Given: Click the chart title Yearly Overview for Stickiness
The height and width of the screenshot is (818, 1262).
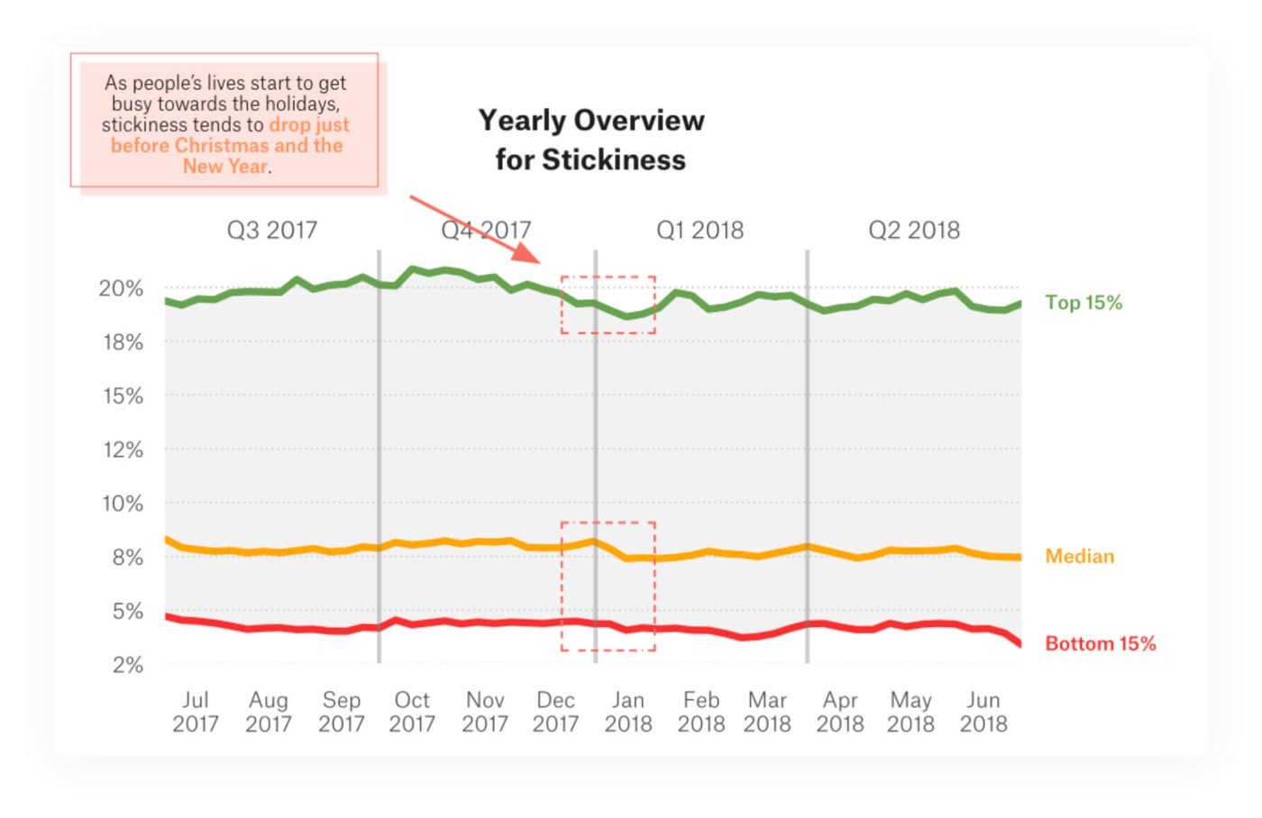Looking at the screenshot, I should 591,140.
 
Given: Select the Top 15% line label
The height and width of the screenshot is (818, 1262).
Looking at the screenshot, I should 1083,303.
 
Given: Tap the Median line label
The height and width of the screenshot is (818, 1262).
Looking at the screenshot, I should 1079,557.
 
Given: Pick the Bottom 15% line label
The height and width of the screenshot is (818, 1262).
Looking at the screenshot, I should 1100,644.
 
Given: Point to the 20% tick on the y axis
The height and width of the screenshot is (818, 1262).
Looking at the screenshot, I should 121,289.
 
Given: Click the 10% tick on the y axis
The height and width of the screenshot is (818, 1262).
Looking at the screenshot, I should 122,504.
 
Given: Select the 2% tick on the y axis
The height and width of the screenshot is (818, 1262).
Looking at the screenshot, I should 127,666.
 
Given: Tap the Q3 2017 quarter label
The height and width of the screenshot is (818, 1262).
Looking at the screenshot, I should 271,231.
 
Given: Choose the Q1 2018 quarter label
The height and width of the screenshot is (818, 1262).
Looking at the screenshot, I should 700,231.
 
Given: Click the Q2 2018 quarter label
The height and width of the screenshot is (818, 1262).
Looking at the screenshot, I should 913,231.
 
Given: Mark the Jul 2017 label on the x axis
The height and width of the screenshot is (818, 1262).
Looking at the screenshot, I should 196,713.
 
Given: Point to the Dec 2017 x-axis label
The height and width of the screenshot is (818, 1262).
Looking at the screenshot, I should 555,713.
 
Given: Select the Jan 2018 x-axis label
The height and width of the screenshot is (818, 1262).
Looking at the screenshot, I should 628,713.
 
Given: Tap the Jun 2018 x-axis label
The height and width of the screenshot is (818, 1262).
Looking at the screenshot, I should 983,713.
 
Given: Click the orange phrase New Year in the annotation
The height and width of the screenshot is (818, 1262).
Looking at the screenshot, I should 224,167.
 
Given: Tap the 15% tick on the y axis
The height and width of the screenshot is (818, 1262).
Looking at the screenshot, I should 122,396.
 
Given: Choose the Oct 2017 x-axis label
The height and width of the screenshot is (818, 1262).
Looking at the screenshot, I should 412,713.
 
